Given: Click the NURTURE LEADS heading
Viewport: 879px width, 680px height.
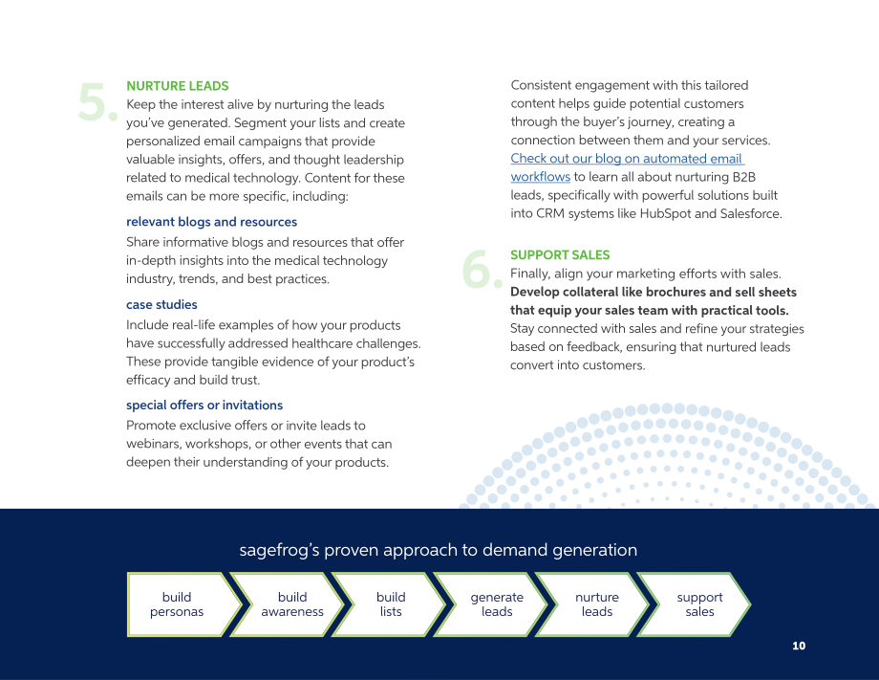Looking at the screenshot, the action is pyautogui.click(x=177, y=86).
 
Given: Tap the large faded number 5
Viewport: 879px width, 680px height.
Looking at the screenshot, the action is pyautogui.click(x=97, y=101).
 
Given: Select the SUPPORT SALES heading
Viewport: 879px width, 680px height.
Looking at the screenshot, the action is pyautogui.click(x=560, y=254).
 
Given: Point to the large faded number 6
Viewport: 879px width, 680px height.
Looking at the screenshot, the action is pyautogui.click(x=482, y=270).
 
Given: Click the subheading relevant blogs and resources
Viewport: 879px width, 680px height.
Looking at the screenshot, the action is pyautogui.click(x=211, y=222).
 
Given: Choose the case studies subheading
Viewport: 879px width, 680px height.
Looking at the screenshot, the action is pyautogui.click(x=161, y=305).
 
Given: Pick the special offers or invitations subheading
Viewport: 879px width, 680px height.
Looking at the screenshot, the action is pyautogui.click(x=204, y=406).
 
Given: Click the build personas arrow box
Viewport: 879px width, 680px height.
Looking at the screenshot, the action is pyautogui.click(x=183, y=604).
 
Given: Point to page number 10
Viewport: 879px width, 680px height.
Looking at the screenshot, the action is pyautogui.click(x=799, y=646).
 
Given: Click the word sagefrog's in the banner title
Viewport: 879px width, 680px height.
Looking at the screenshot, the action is pyautogui.click(x=279, y=550).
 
